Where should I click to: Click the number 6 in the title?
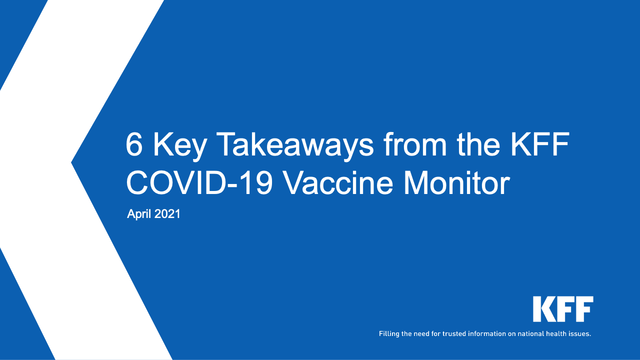pyautogui.click(x=134, y=144)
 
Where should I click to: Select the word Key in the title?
pyautogui.click(x=180, y=147)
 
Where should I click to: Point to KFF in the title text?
pyautogui.click(x=540, y=144)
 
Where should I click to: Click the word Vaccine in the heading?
pyautogui.click(x=339, y=183)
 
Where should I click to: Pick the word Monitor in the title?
pyautogui.click(x=456, y=183)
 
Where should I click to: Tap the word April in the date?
pyautogui.click(x=138, y=214)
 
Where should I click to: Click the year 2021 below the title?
pyautogui.click(x=167, y=214)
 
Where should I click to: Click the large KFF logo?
pyautogui.click(x=563, y=309)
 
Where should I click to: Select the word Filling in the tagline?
pyautogui.click(x=389, y=334)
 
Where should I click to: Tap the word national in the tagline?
pyautogui.click(x=531, y=333)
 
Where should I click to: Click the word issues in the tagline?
pyautogui.click(x=579, y=333)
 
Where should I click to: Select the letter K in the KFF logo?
pyautogui.click(x=543, y=309)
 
